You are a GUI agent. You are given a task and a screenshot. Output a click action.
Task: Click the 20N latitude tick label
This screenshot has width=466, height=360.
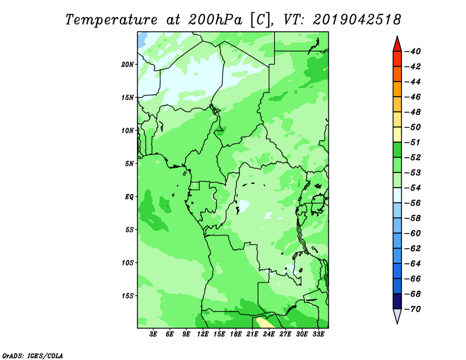127,65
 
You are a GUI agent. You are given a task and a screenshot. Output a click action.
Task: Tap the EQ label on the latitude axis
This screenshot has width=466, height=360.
129,197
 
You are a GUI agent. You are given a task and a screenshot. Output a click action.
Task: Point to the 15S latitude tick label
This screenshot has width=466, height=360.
128,296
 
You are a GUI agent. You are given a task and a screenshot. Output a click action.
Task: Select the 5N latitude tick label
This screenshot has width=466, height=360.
129,164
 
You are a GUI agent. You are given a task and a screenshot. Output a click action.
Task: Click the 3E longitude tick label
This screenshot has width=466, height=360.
153,334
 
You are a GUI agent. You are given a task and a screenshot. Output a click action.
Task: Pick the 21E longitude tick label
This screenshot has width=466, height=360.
252,334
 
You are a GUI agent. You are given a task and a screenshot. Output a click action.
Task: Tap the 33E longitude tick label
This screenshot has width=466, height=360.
318,334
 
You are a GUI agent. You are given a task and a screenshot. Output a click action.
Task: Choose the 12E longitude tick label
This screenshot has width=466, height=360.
203,334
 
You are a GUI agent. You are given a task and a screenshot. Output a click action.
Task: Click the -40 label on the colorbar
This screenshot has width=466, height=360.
413,51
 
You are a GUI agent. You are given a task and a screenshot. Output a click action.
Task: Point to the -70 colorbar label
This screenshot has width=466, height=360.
413,309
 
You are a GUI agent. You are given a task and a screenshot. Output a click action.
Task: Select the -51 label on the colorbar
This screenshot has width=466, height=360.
413,142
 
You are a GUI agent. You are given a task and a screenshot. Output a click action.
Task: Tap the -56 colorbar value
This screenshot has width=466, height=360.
413,203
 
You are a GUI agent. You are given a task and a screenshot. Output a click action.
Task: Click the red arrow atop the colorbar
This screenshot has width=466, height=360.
397,45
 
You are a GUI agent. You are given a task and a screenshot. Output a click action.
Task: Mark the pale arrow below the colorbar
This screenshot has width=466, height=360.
397,315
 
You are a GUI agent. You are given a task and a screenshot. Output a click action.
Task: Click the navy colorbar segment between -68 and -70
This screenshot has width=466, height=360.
397,301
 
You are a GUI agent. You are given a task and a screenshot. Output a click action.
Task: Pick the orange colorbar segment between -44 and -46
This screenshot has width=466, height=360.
397,89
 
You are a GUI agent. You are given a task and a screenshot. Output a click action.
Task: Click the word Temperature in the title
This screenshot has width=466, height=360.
111,20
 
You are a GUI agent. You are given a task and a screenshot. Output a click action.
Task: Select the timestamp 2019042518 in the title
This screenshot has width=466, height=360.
357,20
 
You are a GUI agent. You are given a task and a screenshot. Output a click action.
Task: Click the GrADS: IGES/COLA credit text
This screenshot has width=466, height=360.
33,356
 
